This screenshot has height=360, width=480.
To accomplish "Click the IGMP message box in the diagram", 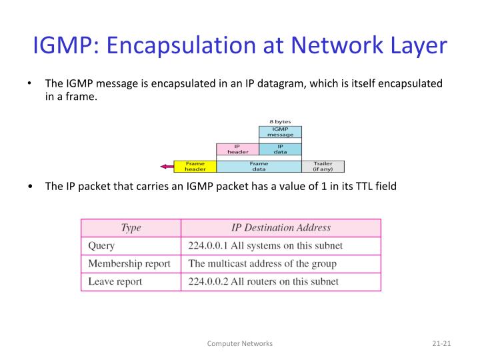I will point(280,131).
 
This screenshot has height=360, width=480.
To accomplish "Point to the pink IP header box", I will point(237,149).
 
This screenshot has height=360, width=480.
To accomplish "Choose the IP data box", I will point(280,149).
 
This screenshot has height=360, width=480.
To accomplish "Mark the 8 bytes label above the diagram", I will point(280,121).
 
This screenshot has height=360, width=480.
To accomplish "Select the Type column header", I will point(131,228).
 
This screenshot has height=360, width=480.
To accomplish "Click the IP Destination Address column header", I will point(280,228).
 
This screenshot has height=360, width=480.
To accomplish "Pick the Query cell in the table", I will point(102,245).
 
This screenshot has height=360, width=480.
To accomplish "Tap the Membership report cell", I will point(129,263).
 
